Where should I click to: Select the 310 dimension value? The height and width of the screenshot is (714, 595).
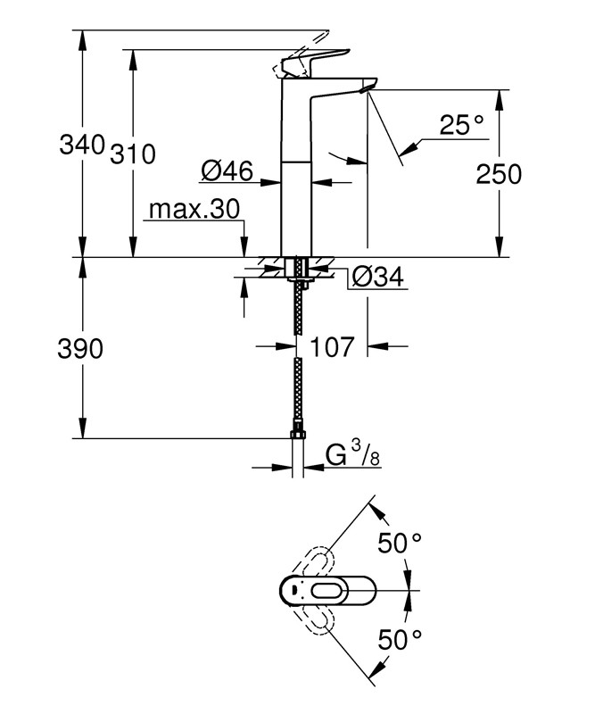click(133, 154)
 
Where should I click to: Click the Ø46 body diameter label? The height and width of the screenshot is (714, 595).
click(227, 170)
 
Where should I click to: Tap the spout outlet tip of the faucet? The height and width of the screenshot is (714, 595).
click(366, 87)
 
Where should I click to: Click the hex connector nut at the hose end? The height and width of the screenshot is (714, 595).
click(298, 435)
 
